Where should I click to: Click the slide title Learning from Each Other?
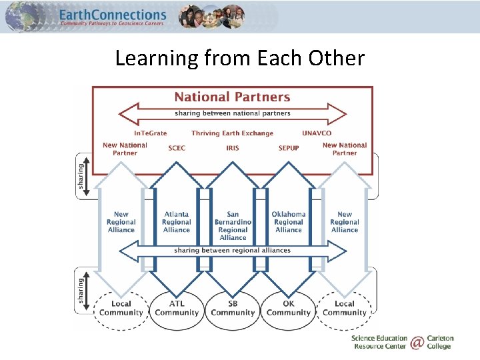pyautogui.click(x=240, y=58)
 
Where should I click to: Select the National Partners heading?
pyautogui.click(x=232, y=97)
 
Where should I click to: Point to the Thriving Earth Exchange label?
pyautogui.click(x=232, y=133)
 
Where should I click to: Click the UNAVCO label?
pyautogui.click(x=316, y=133)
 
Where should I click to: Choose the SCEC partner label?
pyautogui.click(x=177, y=148)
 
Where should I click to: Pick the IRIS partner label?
pyautogui.click(x=233, y=148)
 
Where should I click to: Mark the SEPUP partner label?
pyautogui.click(x=289, y=148)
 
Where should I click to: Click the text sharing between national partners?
pyautogui.click(x=233, y=113)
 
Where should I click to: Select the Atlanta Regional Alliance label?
pyautogui.click(x=177, y=222)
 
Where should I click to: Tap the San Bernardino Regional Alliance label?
pyautogui.click(x=233, y=225)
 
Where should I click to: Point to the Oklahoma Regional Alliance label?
pyautogui.click(x=289, y=222)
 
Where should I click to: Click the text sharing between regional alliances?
pyautogui.click(x=232, y=251)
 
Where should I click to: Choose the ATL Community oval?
pyautogui.click(x=177, y=309)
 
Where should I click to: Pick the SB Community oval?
pyautogui.click(x=233, y=309)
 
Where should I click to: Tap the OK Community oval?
pyautogui.click(x=289, y=309)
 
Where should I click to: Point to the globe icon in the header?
pyautogui.click(x=23, y=17)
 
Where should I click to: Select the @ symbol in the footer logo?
pyautogui.click(x=417, y=343)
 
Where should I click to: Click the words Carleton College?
pyautogui.click(x=439, y=343)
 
